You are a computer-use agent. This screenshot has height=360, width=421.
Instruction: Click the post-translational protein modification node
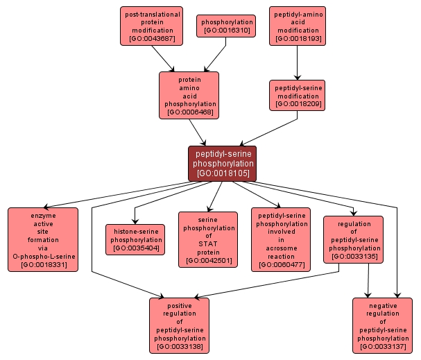(x=152, y=26)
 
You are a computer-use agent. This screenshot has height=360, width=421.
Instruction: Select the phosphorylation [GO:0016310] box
(x=226, y=26)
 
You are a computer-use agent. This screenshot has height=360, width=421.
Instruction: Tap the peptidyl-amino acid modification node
(x=298, y=26)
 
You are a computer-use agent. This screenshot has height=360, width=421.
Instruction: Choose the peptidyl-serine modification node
(x=298, y=96)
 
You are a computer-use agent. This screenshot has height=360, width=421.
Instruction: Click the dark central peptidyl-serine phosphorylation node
(x=222, y=164)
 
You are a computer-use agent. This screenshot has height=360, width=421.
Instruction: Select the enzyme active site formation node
(x=43, y=240)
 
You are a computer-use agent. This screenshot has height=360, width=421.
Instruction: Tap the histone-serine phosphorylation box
(x=135, y=239)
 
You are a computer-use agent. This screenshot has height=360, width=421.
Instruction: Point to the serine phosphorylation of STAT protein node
(x=208, y=240)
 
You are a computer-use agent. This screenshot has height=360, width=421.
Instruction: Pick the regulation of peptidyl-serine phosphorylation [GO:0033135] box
(x=353, y=240)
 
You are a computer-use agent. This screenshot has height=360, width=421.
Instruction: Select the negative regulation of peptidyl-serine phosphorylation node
(x=382, y=325)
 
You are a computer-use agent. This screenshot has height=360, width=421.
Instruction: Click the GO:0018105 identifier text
(x=222, y=173)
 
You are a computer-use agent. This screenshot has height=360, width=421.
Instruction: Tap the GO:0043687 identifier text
(x=152, y=40)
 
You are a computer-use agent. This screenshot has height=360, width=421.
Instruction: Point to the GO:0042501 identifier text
(x=208, y=262)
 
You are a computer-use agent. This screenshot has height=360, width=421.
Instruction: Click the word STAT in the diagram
(x=208, y=244)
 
